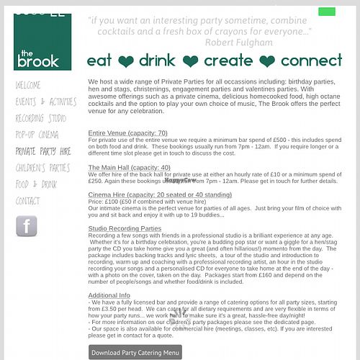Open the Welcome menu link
[x=28, y=85]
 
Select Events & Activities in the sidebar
[x=46, y=102]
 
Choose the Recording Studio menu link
[x=41, y=118]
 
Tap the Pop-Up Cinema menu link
[x=37, y=135]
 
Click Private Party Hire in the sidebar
[x=43, y=151]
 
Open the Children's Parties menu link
[x=42, y=168]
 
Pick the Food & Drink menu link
[x=37, y=184]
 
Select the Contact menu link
[x=28, y=201]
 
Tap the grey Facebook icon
[x=27, y=226]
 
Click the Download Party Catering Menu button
[x=135, y=353]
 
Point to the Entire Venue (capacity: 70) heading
[x=127, y=133]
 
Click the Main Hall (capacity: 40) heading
[x=129, y=168]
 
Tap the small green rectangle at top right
[x=327, y=12]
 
